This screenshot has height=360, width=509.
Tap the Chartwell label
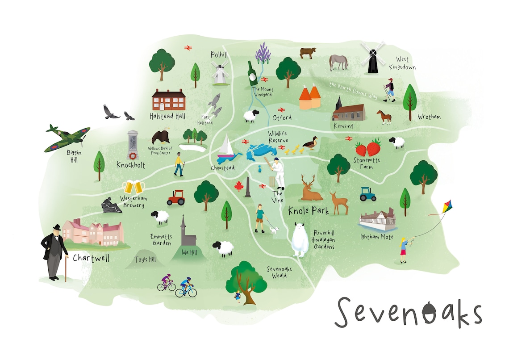coord(91,259)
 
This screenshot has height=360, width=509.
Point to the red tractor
coord(176,197)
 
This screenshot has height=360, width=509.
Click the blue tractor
coord(368,194)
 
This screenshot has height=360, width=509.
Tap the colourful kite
coord(444,209)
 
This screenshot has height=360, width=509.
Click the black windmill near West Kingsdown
coord(372,58)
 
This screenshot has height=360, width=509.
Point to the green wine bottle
coord(253,74)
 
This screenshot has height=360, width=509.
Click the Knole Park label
coord(308,210)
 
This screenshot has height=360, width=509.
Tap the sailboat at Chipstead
coord(227,149)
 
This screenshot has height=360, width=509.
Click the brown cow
coord(308,53)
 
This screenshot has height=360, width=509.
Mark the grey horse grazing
coord(338,62)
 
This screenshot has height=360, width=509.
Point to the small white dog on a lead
coord(274,230)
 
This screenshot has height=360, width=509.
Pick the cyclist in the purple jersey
coord(167,282)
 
